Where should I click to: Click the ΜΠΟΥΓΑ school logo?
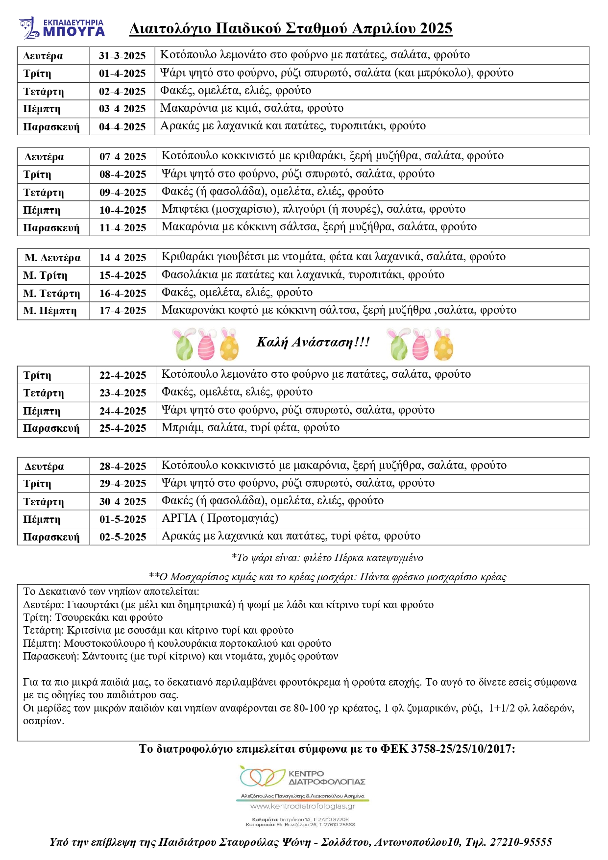[62, 28]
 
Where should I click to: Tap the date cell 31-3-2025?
[122, 56]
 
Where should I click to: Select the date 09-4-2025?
[122, 192]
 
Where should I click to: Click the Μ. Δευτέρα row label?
[52, 258]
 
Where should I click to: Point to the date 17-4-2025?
[122, 311]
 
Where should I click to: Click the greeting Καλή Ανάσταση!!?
[313, 342]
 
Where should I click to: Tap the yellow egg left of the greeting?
[229, 345]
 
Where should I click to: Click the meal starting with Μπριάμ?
[250, 428]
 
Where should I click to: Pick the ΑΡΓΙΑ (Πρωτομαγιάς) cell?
[220, 518]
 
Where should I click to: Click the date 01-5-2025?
[122, 519]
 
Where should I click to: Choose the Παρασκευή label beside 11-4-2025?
[51, 228]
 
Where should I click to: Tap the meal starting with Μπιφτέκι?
[314, 210]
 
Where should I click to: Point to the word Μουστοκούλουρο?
[104, 643]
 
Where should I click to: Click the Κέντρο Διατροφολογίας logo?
[302, 777]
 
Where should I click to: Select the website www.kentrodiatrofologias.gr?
[302, 806]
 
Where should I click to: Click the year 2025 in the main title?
[436, 29]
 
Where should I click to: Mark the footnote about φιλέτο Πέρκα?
[327, 558]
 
